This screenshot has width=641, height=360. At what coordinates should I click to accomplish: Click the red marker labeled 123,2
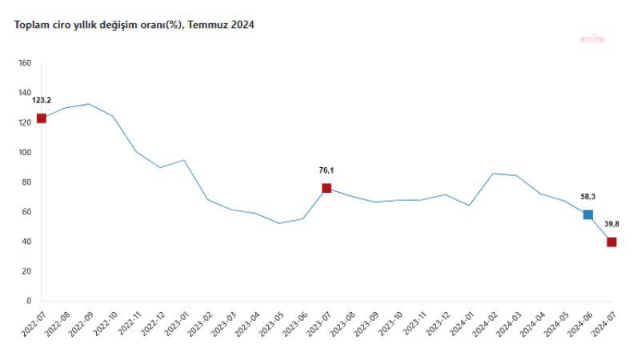pos(42,118)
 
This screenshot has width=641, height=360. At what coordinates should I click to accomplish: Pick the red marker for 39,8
pos(611,242)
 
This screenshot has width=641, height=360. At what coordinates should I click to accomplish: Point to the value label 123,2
pos(42,101)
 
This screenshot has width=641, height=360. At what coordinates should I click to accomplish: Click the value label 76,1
pos(327,170)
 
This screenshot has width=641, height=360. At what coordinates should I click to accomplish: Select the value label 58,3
pos(588,196)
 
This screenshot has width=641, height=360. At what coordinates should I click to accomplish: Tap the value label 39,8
pos(611,224)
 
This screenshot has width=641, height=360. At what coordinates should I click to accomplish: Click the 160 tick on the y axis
pos(24,63)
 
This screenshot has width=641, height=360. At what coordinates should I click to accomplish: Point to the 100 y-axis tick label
pos(24,153)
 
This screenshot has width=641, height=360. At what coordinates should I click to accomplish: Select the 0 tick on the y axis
pos(28,302)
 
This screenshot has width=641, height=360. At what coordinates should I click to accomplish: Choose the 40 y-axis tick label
pos(26,242)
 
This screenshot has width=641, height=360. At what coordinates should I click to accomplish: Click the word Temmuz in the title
pos(208,25)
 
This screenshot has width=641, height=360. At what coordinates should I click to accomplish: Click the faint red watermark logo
pos(593,38)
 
